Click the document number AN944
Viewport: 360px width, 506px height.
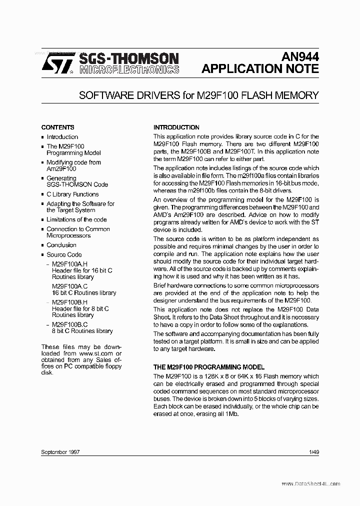tap(300, 57)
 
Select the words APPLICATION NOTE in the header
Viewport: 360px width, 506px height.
tap(260, 69)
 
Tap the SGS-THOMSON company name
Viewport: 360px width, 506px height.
tap(121, 58)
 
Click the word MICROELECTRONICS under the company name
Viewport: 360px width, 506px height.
tap(121, 70)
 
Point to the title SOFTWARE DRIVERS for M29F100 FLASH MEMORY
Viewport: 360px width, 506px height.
tap(199, 95)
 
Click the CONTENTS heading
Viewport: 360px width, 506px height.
tap(57, 127)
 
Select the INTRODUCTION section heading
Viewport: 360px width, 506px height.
tap(176, 127)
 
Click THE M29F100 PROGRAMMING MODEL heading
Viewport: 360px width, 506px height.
tap(209, 367)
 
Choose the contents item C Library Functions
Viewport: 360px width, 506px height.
tap(72, 194)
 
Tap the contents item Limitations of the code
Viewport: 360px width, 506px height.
tap(76, 219)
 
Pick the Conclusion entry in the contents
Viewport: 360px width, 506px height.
tap(61, 245)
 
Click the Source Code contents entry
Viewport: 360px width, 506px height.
tap(64, 254)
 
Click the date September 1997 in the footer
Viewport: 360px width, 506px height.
tap(60, 452)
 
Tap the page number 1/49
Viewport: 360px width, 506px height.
tap(314, 452)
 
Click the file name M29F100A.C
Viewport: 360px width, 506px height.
tap(69, 286)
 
